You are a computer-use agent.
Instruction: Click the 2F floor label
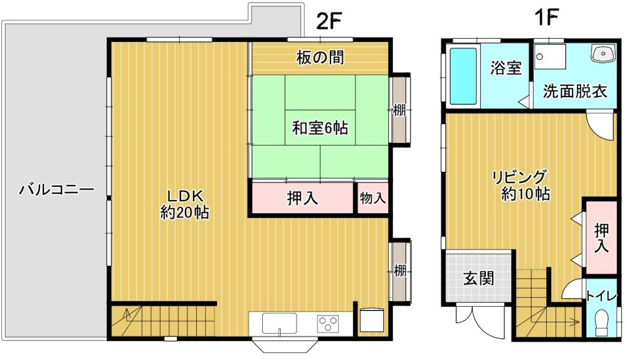coord(329,21)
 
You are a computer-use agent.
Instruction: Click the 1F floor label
coord(546,18)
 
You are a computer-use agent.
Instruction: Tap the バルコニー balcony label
coord(57,189)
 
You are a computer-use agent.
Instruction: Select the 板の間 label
coord(320,58)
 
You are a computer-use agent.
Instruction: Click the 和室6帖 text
coord(320,128)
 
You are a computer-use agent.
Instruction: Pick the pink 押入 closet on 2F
coord(303,198)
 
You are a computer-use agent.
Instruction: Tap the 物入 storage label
coord(372,198)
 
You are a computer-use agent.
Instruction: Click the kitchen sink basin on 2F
coord(279,323)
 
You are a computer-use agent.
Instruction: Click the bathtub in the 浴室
coord(463,76)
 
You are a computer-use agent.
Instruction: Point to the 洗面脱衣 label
coord(574,92)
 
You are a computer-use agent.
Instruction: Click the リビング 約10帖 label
coord(523,185)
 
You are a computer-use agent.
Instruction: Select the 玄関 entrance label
coord(478,278)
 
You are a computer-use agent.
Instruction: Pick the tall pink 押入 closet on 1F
coord(601,238)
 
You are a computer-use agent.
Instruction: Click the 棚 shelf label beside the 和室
coord(399,110)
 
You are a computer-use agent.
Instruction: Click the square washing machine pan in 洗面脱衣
coord(551,57)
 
